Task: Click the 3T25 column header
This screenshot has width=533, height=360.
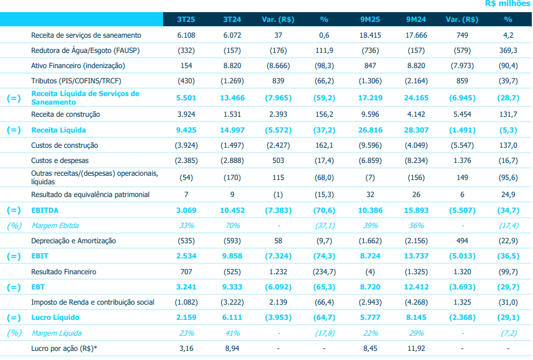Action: [x=186, y=19]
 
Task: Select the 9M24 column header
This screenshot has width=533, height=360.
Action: [x=415, y=19]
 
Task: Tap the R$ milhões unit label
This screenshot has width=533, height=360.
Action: [x=508, y=4]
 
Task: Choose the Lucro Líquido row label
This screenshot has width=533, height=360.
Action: [x=55, y=317]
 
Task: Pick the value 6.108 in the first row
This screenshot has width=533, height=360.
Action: [x=186, y=35]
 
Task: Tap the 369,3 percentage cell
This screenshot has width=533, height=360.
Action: [x=508, y=50]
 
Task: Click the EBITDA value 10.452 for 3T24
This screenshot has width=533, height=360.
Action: [x=231, y=210]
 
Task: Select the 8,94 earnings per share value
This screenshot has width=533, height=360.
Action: [x=231, y=349]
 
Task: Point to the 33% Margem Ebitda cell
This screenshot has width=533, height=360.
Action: [x=186, y=226]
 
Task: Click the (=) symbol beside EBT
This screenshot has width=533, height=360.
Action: [x=13, y=287]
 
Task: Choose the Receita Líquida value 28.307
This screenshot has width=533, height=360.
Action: [x=415, y=130]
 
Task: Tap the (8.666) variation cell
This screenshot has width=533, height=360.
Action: [x=277, y=65]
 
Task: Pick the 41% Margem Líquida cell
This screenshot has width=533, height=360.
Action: [x=231, y=333]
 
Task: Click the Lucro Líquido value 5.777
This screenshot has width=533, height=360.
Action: [x=369, y=317]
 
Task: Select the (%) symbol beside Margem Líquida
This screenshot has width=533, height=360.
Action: [x=13, y=333]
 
